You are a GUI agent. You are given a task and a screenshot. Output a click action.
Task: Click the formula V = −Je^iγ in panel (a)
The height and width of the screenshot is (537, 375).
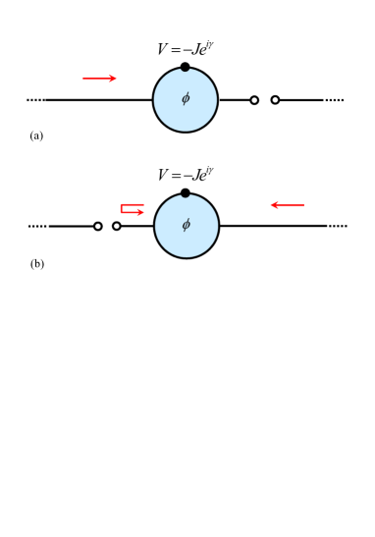click(186, 48)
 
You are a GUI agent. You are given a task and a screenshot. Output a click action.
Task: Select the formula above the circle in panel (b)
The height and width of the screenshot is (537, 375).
click(186, 175)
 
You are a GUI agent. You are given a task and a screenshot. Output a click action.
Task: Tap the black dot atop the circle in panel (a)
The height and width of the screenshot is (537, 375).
click(185, 67)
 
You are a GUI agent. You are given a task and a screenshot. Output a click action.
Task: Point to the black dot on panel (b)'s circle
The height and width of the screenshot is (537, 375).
click(186, 192)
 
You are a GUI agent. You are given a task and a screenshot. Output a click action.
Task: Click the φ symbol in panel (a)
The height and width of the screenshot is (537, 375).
click(185, 99)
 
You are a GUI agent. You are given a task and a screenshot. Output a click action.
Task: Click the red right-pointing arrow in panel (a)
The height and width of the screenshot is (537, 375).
click(99, 79)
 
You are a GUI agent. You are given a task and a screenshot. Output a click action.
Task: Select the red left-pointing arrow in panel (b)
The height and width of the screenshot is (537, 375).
click(288, 205)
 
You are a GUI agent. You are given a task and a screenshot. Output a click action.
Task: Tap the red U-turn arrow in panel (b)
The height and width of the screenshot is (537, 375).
click(132, 208)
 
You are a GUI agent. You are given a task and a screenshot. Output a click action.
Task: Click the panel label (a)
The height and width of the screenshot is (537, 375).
click(36, 135)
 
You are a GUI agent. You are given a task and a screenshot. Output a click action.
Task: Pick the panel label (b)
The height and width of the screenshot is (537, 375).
click(37, 263)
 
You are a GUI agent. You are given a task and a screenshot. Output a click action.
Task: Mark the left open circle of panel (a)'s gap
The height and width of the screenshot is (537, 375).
click(254, 100)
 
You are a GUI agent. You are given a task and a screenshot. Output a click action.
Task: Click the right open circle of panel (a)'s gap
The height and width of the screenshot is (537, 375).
click(275, 100)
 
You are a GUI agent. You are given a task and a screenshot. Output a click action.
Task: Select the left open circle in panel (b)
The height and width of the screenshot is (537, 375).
click(98, 226)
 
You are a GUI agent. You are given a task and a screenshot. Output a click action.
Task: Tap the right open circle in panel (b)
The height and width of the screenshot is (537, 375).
click(117, 226)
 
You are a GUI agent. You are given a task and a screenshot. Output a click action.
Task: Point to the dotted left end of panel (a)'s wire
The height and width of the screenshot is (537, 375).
click(35, 100)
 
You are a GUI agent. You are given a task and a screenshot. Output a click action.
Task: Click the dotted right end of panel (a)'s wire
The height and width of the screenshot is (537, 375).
click(335, 100)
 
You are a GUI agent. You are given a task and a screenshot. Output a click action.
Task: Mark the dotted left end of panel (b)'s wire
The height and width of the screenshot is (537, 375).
click(37, 226)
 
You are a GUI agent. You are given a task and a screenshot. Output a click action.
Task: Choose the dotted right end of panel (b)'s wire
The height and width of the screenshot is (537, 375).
click(338, 226)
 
